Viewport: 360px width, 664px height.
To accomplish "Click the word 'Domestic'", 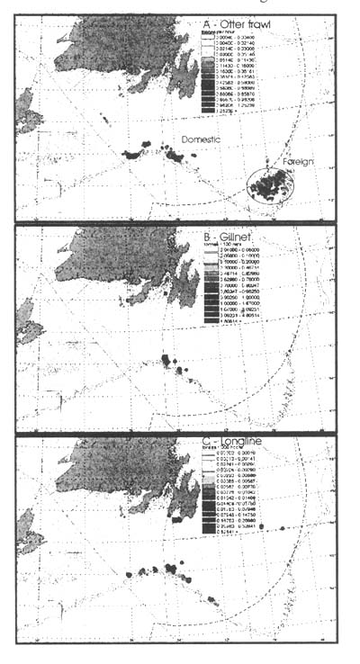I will coord(200,139).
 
